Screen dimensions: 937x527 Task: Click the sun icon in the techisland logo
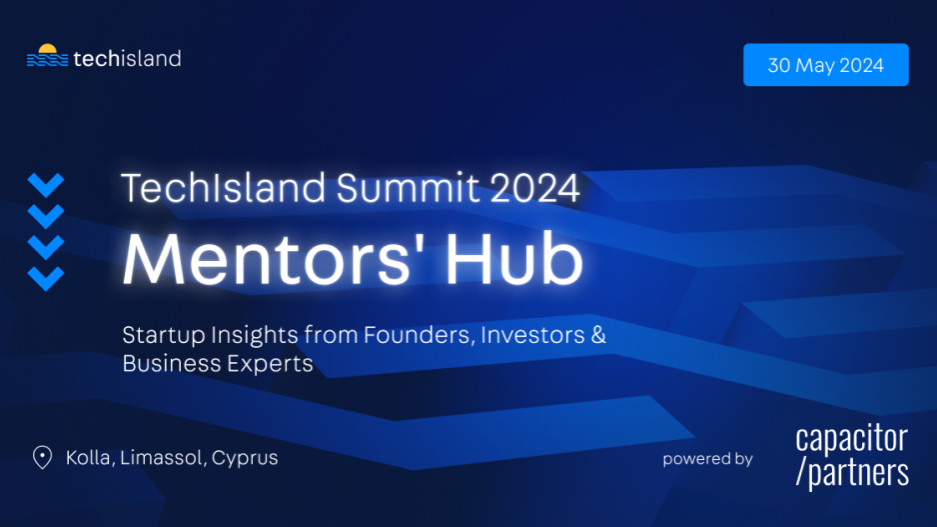point(47,48)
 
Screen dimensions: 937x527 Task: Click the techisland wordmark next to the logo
point(127,59)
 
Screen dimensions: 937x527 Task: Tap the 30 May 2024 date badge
point(826,65)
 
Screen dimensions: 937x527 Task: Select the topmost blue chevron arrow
point(46,185)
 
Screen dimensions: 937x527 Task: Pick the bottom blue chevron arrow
point(46,279)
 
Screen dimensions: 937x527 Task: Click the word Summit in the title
point(408,188)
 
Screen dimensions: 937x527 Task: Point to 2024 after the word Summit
point(534,188)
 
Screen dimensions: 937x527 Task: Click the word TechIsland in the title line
point(224,188)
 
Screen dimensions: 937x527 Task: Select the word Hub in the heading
point(514,258)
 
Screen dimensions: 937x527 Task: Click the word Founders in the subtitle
point(420,334)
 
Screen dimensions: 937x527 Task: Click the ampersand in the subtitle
point(598,334)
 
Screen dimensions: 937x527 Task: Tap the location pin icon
point(42,458)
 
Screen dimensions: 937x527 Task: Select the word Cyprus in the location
point(245,458)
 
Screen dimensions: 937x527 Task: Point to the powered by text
point(707,459)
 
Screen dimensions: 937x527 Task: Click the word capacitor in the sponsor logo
point(851,440)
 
